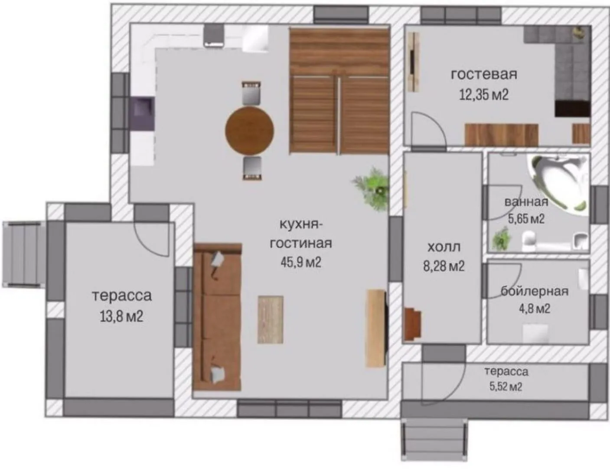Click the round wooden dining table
[x=249, y=131]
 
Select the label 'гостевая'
[x=484, y=75]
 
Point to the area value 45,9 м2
[x=300, y=263]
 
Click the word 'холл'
[x=444, y=247]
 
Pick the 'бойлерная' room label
[x=535, y=291]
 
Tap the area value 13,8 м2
[x=121, y=316]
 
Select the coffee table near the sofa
[x=271, y=320]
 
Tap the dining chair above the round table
[x=251, y=94]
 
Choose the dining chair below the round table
[x=252, y=168]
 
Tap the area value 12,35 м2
[x=483, y=95]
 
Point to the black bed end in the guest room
[x=572, y=109]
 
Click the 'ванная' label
[x=526, y=202]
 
